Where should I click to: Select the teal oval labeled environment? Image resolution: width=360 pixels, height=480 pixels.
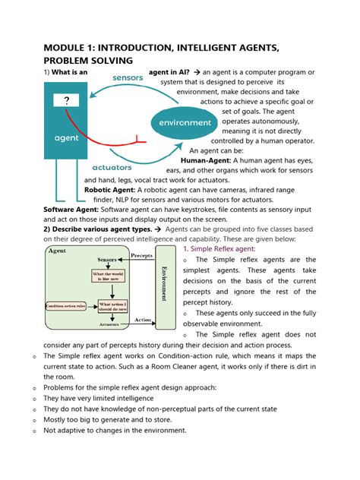click(185, 122)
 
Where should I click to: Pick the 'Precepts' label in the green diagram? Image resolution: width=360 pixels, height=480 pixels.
click(141, 256)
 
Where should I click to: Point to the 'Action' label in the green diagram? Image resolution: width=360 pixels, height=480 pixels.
click(142, 320)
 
